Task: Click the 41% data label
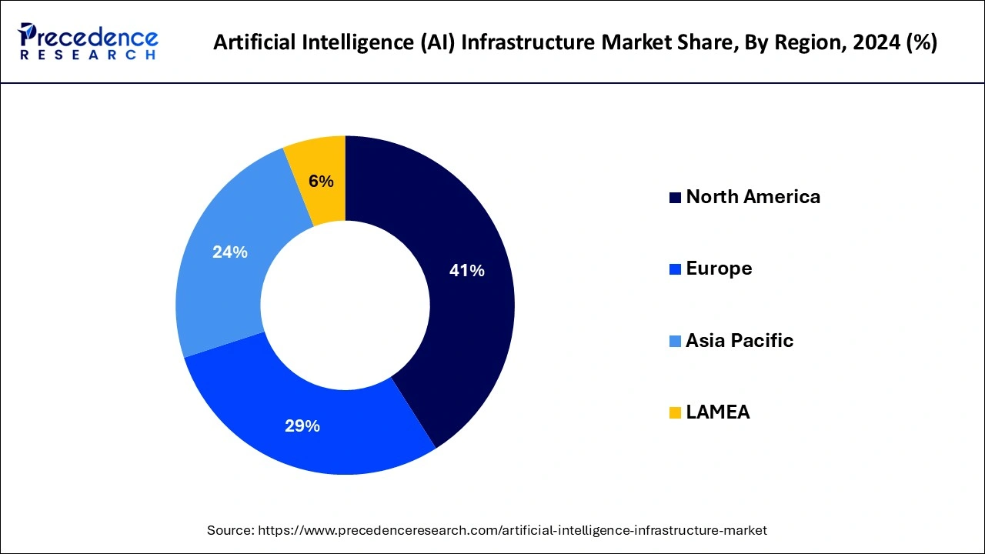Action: pos(466,271)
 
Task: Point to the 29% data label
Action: pos(302,426)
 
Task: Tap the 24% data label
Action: pos(229,252)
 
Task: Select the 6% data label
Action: pos(321,182)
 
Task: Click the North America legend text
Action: pos(753,197)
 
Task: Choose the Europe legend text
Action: pos(719,269)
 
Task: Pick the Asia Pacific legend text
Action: pos(739,341)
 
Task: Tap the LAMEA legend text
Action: pos(717,412)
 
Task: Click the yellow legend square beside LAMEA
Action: pos(675,413)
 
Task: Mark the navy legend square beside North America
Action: pos(675,198)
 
